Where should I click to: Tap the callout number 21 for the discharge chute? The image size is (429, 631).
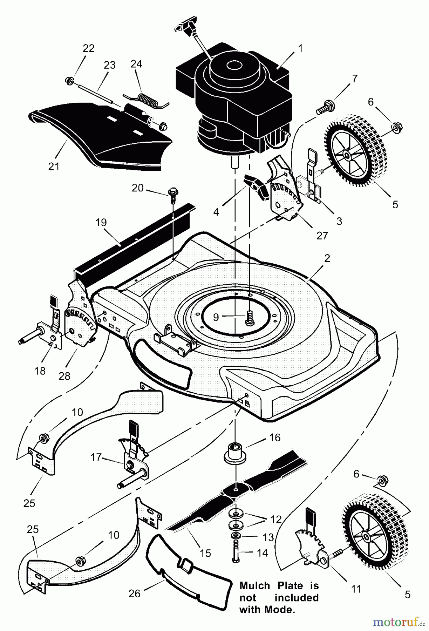(x=54, y=166)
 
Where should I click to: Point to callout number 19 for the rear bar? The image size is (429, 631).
(x=101, y=223)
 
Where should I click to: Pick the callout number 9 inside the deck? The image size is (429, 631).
(x=216, y=317)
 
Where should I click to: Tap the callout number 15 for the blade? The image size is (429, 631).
(x=205, y=553)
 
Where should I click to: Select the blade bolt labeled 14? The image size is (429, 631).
(x=236, y=553)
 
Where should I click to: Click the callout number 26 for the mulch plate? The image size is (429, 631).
(x=134, y=593)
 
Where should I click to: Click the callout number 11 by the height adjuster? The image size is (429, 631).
(x=356, y=589)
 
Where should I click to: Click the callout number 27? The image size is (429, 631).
(x=322, y=235)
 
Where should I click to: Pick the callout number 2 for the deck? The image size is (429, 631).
(x=327, y=258)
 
